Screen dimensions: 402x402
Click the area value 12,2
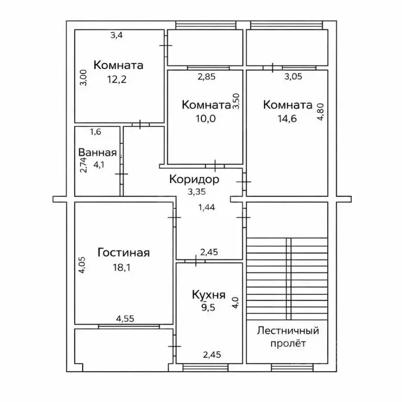point(117,80)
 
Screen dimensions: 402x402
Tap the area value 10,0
point(206,119)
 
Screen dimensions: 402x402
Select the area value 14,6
point(287,119)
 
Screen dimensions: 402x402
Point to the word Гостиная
point(124,252)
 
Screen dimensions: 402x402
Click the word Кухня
point(209,295)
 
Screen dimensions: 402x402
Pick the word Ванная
point(97,152)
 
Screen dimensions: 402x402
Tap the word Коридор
point(194,180)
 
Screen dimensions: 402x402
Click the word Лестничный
point(288,331)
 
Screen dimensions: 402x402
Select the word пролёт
point(288,343)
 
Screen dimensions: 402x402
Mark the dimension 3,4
point(117,35)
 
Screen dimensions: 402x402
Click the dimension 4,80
point(321,112)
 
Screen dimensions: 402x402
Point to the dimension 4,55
point(125,319)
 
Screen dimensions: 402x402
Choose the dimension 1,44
point(207,207)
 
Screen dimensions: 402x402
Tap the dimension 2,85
point(207,76)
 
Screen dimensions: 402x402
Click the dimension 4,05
point(82,265)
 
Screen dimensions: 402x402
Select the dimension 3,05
point(293,76)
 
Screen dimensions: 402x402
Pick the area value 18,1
point(122,267)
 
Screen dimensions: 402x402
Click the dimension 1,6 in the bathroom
point(96,132)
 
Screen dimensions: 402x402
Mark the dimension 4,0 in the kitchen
point(236,303)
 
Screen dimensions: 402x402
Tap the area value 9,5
point(208,307)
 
